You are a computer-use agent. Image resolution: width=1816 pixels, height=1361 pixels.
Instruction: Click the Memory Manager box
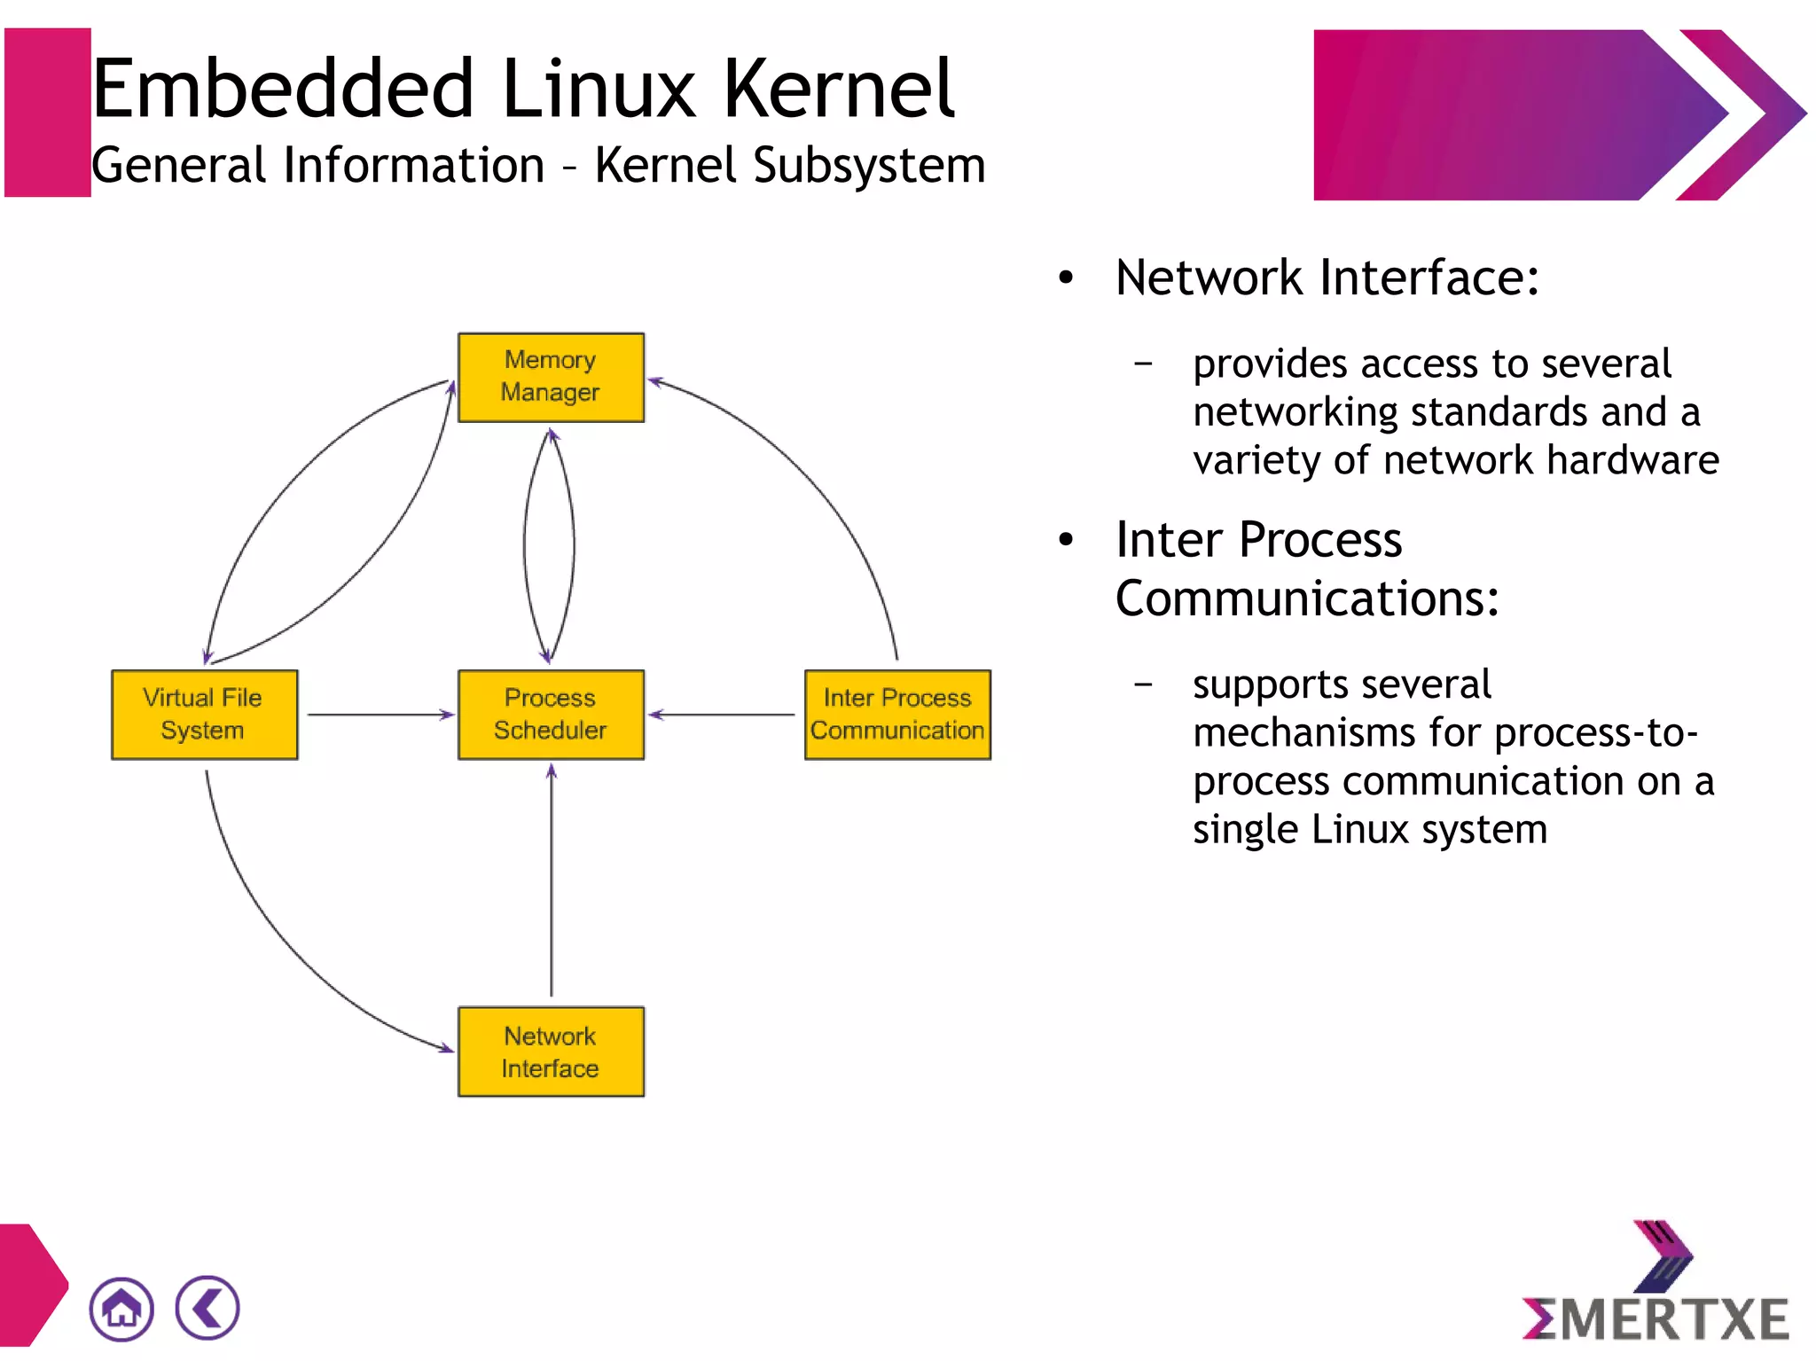(551, 377)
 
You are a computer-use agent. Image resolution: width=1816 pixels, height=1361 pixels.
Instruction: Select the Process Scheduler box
(551, 715)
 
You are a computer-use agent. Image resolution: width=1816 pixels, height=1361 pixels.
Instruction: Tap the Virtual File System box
(204, 715)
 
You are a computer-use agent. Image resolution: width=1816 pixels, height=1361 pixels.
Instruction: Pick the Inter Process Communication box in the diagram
(897, 715)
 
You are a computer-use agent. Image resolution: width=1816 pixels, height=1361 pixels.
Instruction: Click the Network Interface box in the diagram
(551, 1052)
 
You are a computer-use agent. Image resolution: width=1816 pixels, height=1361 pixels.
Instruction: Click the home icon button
(121, 1309)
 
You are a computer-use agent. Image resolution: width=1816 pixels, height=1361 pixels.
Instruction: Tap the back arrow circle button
(207, 1308)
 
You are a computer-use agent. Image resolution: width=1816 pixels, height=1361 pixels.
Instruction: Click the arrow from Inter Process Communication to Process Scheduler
(723, 715)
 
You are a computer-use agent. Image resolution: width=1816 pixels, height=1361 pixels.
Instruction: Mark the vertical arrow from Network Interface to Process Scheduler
(552, 882)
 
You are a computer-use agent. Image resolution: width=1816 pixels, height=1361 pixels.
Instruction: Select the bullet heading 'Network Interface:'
(1327, 278)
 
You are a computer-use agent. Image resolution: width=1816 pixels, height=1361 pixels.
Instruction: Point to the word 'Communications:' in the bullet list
(1307, 598)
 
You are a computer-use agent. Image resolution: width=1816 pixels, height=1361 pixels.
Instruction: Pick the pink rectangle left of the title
(47, 113)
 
